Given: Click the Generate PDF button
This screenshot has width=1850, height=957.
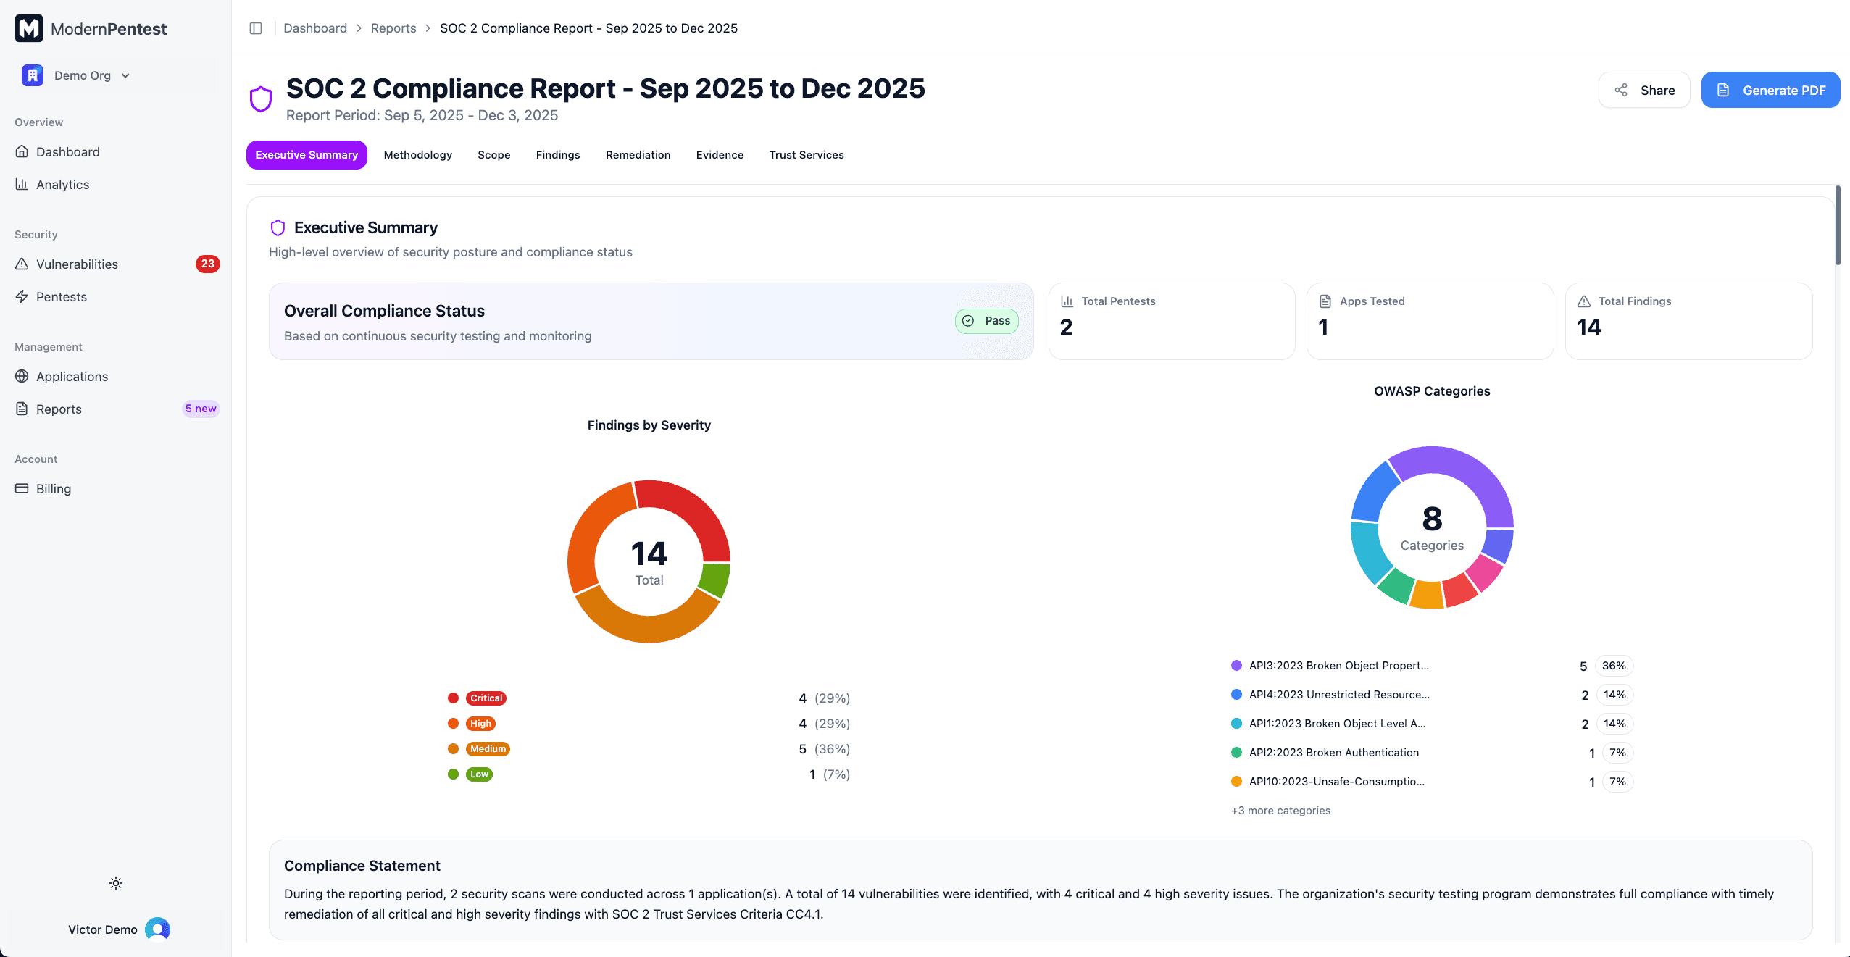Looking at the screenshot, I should [1770, 90].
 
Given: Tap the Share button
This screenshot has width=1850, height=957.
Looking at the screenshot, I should [1643, 90].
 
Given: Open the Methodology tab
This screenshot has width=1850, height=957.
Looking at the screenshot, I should [417, 155].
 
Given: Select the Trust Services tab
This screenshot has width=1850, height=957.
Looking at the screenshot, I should [806, 155].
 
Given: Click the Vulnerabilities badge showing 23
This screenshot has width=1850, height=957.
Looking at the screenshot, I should [207, 264].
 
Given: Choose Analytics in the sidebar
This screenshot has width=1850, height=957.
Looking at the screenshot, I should [62, 185].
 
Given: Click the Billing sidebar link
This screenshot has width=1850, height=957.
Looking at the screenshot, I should [54, 489].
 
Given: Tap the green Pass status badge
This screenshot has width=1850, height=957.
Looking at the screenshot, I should [986, 321].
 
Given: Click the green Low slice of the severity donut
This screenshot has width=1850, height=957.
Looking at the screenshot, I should [716, 580].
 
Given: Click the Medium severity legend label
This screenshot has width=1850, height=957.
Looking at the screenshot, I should [488, 749].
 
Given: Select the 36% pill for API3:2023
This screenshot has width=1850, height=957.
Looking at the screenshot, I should [1613, 666].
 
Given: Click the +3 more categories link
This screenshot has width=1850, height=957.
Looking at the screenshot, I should [1280, 811].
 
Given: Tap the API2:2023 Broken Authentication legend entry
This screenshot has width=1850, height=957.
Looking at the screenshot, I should [1333, 753].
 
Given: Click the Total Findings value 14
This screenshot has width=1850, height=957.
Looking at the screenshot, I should [1588, 327].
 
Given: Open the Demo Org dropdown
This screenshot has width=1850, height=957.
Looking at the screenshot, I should [82, 75].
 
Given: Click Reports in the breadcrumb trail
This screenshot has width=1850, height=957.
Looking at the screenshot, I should [393, 28].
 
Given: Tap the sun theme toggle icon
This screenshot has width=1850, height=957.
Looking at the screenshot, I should [116, 883].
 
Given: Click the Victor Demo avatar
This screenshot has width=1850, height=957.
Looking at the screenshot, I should [157, 929].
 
